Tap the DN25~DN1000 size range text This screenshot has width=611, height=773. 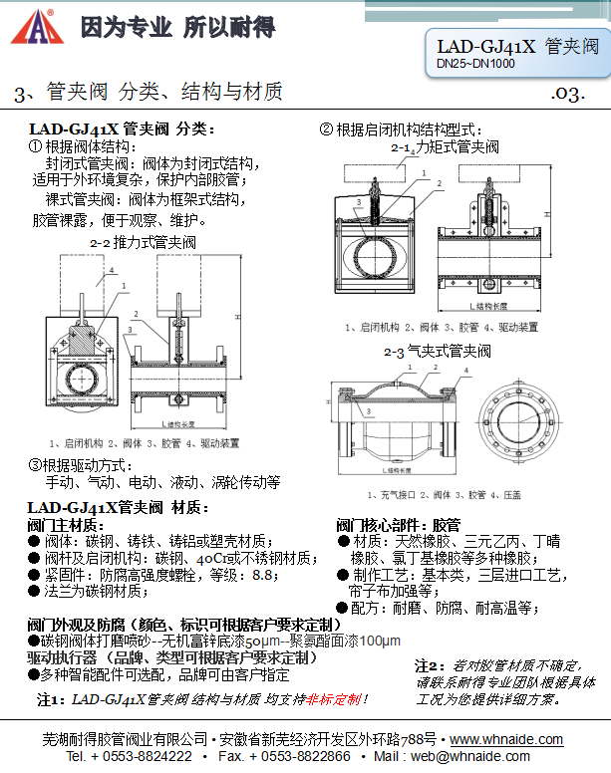[475, 64]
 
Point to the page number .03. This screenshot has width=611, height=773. [567, 94]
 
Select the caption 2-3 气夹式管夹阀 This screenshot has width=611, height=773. [438, 352]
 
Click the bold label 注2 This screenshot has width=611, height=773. [429, 664]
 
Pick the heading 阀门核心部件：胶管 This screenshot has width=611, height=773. [398, 524]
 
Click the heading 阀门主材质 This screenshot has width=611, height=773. [66, 524]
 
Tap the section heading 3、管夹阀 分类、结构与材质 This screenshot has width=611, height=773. [150, 93]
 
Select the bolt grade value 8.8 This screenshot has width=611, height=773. [263, 574]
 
